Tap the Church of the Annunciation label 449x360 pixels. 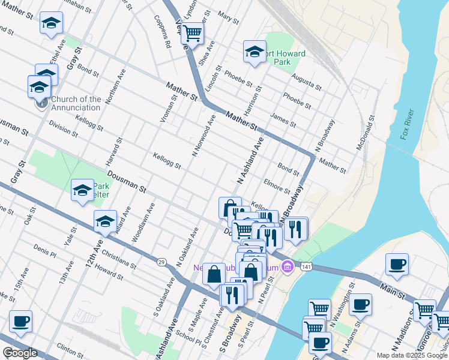point(76,103)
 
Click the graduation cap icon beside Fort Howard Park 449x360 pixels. point(255,52)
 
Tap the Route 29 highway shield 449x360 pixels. point(161,262)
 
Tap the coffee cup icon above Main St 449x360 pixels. point(397,264)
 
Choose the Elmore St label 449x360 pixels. point(277,184)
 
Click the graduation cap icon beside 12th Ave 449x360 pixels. point(105,221)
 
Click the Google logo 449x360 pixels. point(20,353)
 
